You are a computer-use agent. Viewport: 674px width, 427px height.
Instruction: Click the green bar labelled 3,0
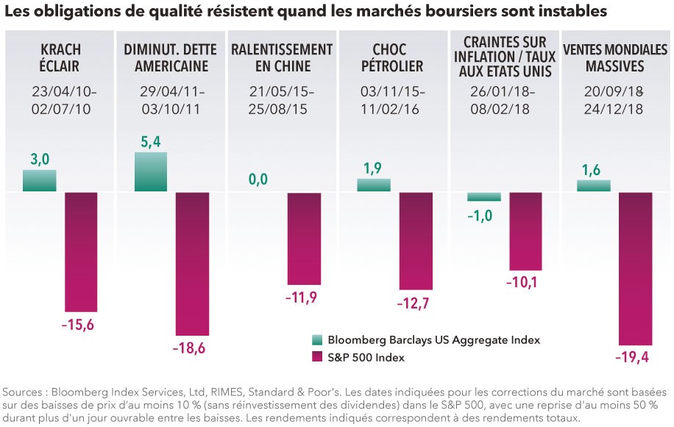point(40,181)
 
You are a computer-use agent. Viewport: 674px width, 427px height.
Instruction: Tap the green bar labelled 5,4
point(151,172)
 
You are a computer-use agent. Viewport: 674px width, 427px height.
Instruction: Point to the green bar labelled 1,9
point(374,186)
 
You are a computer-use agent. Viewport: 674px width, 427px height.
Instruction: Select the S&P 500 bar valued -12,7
point(416,241)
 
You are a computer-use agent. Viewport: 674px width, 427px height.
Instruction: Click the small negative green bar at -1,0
point(485,197)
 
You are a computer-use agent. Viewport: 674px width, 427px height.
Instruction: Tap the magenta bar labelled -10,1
point(527,231)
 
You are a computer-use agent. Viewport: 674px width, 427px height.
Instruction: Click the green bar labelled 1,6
point(594,186)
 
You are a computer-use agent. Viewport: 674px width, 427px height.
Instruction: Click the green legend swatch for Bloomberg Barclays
point(317,340)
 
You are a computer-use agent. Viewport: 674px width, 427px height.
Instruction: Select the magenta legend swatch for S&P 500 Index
point(317,358)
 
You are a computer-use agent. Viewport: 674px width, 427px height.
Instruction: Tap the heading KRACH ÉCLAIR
point(61,58)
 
